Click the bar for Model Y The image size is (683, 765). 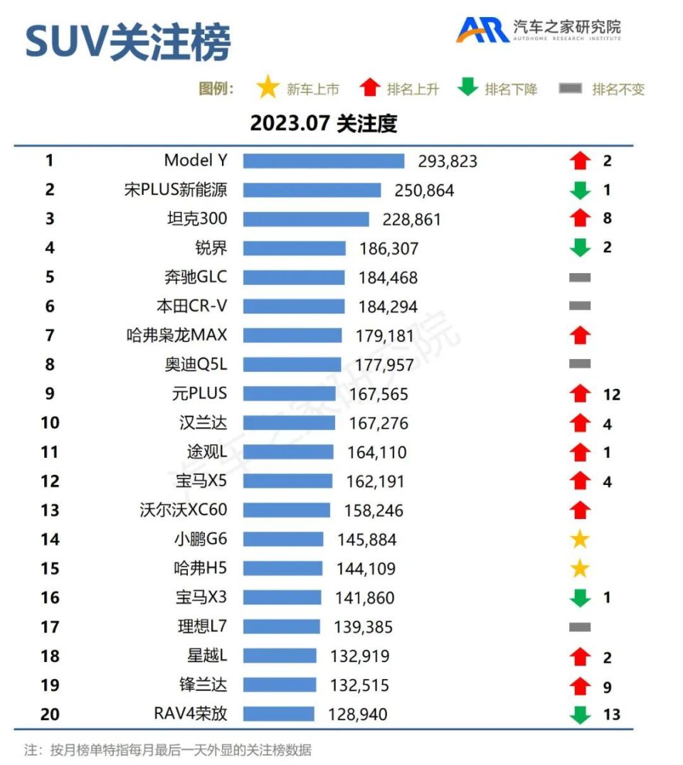click(x=323, y=161)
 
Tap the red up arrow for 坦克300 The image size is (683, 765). click(x=581, y=218)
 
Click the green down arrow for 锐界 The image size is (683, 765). click(x=581, y=247)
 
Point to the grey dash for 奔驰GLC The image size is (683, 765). click(x=580, y=277)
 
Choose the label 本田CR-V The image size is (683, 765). click(x=191, y=306)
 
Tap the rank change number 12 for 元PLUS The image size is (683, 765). click(x=610, y=395)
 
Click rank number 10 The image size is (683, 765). click(x=50, y=423)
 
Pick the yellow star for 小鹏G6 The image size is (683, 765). click(x=581, y=540)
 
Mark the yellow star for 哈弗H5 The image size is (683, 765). click(x=581, y=569)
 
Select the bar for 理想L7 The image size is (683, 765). click(x=281, y=627)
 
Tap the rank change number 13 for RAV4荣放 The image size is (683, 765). click(x=611, y=715)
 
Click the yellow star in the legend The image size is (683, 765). click(x=268, y=89)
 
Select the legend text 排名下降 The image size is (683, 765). click(x=511, y=90)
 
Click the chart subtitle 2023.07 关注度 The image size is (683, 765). click(x=323, y=124)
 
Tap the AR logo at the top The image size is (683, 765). click(x=482, y=29)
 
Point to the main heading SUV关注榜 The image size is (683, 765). click(x=128, y=43)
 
